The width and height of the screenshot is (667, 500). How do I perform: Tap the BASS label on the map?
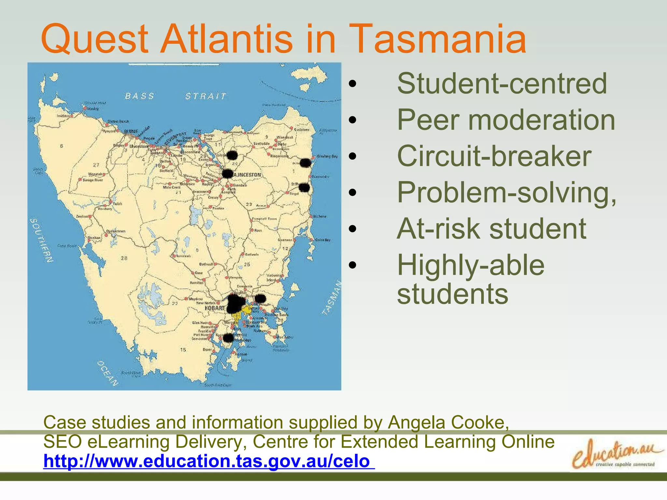pos(139,96)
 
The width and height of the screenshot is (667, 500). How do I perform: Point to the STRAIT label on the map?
pos(206,96)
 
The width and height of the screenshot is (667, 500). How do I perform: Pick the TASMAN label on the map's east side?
pos(332,298)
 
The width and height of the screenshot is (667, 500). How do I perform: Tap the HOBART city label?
pos(215,308)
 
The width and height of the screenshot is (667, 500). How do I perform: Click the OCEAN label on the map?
pos(107,373)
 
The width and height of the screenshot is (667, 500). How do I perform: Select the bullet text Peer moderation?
pos(506,120)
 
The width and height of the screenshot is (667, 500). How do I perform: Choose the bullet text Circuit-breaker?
pos(494,156)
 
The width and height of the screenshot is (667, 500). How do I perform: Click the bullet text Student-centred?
pos(502,84)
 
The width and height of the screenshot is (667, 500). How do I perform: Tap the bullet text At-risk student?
pos(491,229)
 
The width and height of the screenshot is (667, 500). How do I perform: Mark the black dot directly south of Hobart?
pos(228,338)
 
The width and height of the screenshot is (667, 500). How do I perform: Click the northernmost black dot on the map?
pos(232,155)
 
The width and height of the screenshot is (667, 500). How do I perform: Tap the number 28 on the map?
pos(124,258)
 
